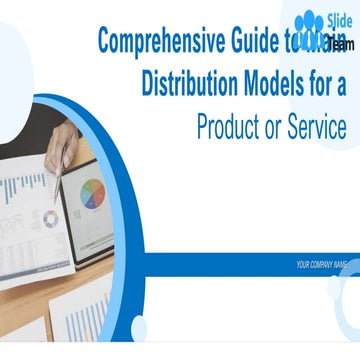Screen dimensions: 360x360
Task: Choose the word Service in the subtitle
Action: pos(314,127)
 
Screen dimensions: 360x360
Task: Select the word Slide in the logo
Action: pos(337,18)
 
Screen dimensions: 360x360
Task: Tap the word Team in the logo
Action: pos(339,43)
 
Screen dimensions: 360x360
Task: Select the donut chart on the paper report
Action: pos(50,219)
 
